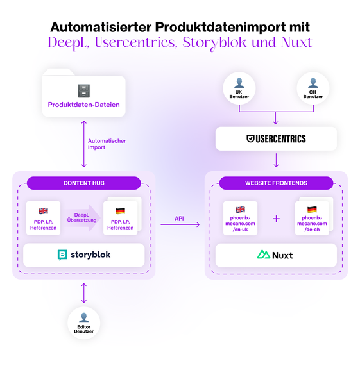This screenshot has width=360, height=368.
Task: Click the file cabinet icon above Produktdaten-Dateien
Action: click(84, 90)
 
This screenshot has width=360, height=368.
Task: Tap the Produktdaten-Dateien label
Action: click(84, 105)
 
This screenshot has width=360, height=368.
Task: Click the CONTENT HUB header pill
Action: click(84, 183)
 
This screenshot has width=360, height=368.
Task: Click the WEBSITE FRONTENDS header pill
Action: click(276, 183)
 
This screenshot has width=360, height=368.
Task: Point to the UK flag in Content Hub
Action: click(43, 210)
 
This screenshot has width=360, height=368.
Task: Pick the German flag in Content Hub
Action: click(120, 211)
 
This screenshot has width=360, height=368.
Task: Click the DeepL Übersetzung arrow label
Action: click(81, 219)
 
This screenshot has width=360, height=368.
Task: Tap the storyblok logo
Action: click(84, 255)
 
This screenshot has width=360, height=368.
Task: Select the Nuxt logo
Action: click(276, 255)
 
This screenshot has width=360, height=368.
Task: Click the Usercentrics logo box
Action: click(276, 138)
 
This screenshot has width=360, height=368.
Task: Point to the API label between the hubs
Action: click(180, 219)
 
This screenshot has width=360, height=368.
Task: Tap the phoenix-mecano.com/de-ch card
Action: click(312, 219)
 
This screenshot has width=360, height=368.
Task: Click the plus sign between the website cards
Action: click(277, 219)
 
